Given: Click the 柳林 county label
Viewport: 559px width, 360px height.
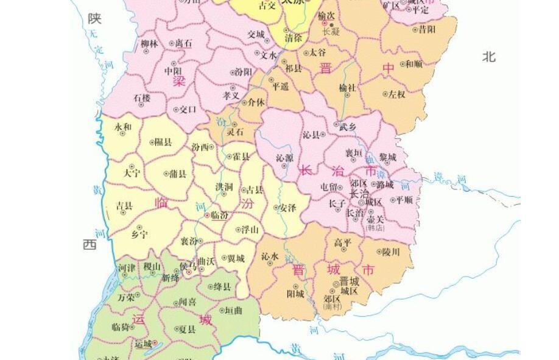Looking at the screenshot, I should tap(149, 44).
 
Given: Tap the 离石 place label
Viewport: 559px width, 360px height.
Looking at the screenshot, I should tap(183, 44).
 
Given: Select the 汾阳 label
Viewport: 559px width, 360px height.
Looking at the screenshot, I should tap(244, 72).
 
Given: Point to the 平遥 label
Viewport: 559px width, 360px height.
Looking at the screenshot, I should tap(280, 87).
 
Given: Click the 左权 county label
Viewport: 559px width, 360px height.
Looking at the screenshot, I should tap(396, 94).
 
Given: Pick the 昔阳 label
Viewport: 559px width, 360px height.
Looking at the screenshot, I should tap(427, 29).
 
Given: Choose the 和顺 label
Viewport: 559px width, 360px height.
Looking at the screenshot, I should tap(414, 63).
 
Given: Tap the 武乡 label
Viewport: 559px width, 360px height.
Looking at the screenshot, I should tap(348, 127).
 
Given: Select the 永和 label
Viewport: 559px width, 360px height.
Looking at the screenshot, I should tap(123, 127).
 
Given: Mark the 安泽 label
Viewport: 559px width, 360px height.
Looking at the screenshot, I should tap(287, 208).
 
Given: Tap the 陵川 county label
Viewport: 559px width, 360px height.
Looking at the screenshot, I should tap(391, 252).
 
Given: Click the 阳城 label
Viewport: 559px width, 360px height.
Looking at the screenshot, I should tap(295, 294).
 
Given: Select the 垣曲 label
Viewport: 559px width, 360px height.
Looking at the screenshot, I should tap(233, 311).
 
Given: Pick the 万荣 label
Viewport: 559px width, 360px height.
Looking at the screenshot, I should tap(126, 297).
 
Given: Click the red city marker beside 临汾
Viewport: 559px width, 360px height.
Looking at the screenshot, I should tap(207, 216).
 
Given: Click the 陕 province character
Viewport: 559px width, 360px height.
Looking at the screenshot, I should tap(94, 19).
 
